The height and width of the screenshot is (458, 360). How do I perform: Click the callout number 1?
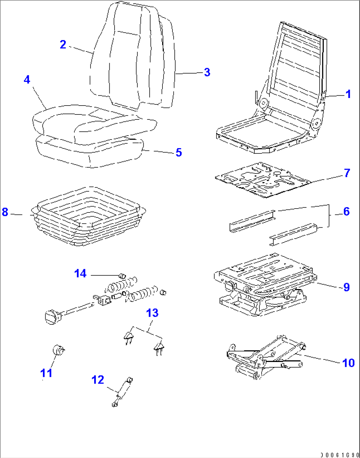[348, 94]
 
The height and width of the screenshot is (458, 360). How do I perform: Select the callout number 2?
[63, 45]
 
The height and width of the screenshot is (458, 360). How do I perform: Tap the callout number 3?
[207, 72]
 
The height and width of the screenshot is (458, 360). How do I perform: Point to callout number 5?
[178, 152]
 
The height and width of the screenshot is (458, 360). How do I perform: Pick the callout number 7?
[347, 173]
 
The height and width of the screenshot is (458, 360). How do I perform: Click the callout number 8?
[5, 212]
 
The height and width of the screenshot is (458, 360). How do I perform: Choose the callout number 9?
[346, 287]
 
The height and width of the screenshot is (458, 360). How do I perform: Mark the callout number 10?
[348, 363]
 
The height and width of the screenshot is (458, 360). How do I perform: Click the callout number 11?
[46, 373]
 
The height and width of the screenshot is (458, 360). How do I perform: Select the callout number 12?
[98, 380]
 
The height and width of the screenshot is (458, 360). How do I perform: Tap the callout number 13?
[152, 313]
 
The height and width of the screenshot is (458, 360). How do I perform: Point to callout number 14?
[80, 273]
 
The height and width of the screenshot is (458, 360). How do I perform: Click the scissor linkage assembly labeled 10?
[264, 358]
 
